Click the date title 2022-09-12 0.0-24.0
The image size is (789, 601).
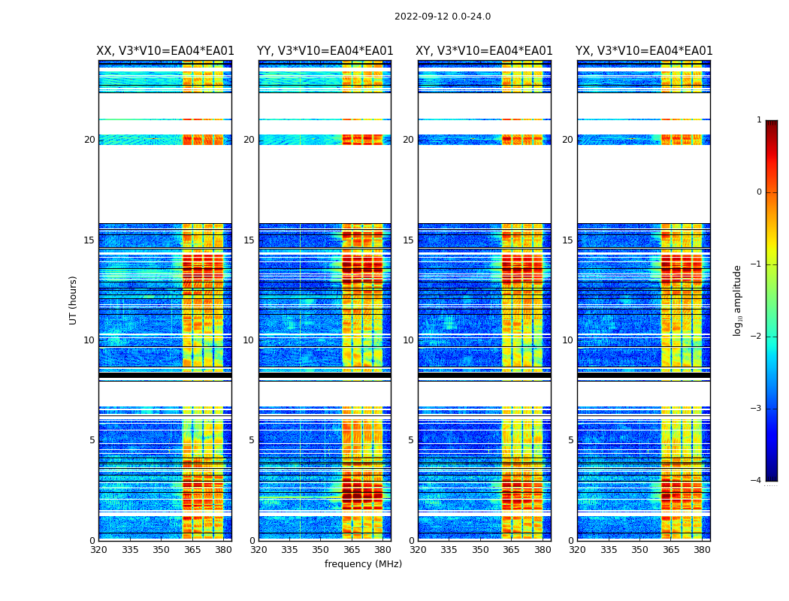click(442, 17)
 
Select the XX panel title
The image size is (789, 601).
click(165, 51)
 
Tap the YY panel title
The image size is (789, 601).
click(325, 51)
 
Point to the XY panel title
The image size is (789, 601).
click(484, 51)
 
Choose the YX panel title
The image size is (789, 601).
click(644, 51)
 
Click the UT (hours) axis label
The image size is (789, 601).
click(74, 300)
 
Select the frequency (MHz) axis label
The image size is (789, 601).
click(363, 564)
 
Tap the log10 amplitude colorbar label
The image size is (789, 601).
click(738, 300)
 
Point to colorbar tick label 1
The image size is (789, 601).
click(758, 120)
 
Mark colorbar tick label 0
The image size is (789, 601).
click(758, 192)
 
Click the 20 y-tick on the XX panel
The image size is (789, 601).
click(89, 140)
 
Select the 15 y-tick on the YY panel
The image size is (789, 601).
click(249, 240)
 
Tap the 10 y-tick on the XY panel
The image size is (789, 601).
click(408, 340)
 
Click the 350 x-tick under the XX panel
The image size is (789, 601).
click(161, 549)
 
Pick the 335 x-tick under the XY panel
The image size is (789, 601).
click(449, 549)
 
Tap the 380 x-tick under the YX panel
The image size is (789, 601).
click(702, 549)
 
